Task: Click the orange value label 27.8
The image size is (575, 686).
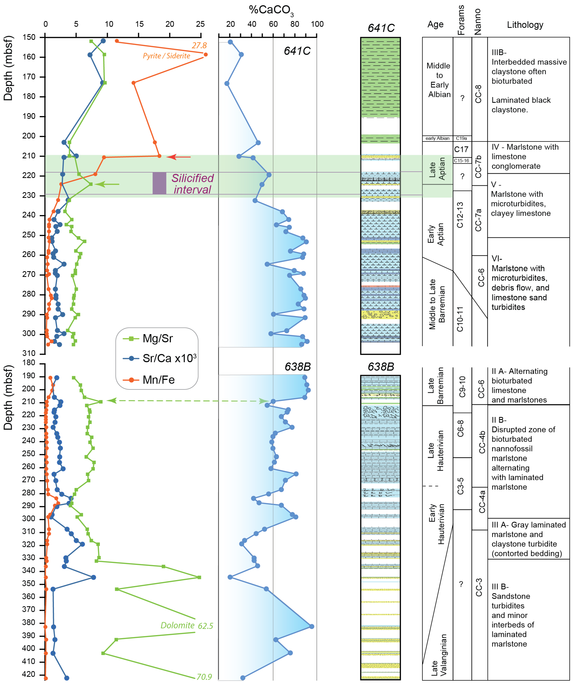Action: (199, 45)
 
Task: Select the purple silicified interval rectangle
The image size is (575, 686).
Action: (159, 183)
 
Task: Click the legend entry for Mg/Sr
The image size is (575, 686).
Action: (157, 338)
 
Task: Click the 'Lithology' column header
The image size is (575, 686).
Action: (525, 25)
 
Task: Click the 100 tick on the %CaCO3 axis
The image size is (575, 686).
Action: (317, 24)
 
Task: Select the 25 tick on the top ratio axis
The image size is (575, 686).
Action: (200, 24)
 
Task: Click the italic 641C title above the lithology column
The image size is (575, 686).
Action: (381, 28)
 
